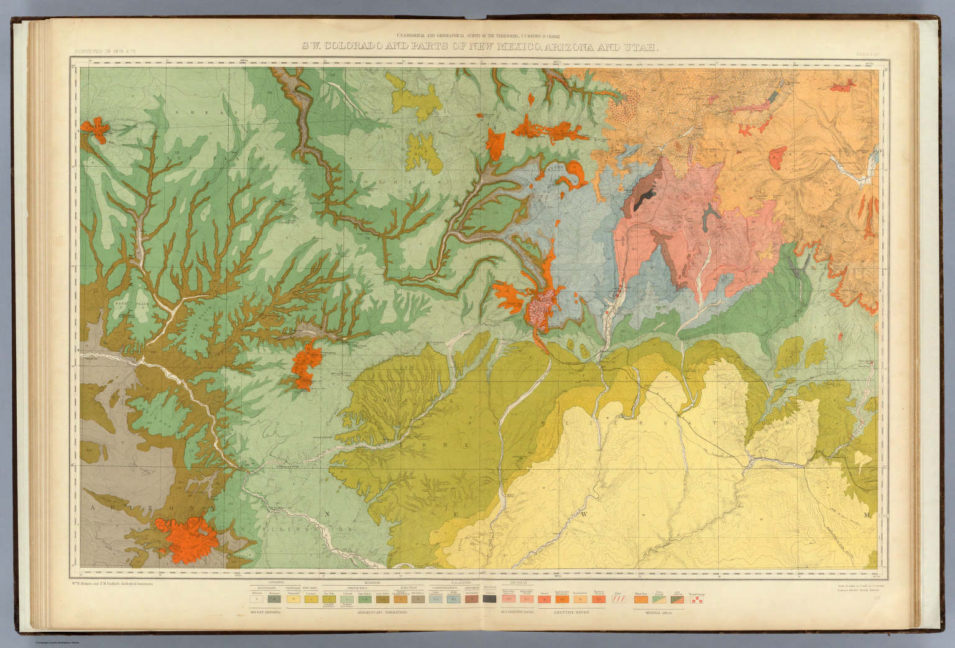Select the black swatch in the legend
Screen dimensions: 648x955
tap(489, 599)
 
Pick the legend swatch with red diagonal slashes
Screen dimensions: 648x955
tap(619, 599)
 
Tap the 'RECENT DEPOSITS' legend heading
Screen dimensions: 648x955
tap(264, 613)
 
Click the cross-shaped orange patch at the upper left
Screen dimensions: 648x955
tap(96, 128)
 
